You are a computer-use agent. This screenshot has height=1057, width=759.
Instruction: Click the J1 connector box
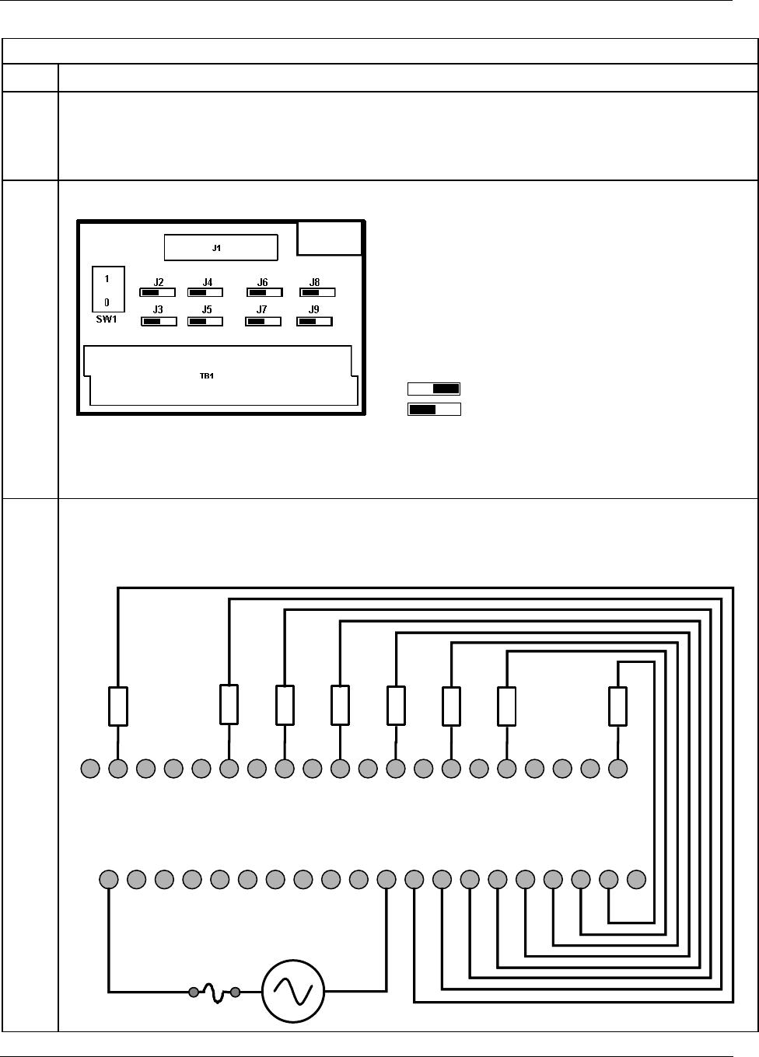click(x=221, y=247)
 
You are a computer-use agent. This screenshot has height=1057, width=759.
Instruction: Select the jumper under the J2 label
click(x=158, y=293)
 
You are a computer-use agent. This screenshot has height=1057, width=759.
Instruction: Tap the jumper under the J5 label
click(x=205, y=320)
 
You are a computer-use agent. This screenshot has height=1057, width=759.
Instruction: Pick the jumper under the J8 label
click(x=317, y=293)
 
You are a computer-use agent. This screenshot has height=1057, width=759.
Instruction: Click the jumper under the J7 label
click(x=263, y=320)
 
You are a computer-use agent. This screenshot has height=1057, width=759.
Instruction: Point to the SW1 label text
click(x=107, y=319)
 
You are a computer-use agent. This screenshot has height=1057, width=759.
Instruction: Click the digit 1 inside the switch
click(x=107, y=277)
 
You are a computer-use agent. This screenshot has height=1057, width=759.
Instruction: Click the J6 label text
click(x=263, y=282)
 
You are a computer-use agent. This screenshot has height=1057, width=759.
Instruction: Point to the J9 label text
click(x=314, y=309)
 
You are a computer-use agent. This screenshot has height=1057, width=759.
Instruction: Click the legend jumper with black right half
click(x=434, y=389)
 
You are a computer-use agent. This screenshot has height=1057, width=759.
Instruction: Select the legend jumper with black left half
click(x=434, y=409)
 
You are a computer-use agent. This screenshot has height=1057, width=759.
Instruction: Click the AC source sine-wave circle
click(x=292, y=991)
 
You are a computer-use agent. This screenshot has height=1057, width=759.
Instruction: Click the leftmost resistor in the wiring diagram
click(x=117, y=706)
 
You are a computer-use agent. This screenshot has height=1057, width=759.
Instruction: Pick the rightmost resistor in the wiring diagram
click(x=617, y=706)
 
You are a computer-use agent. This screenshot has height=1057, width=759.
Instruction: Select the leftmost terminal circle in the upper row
click(x=90, y=769)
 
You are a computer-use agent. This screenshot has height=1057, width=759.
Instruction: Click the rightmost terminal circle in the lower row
click(x=636, y=880)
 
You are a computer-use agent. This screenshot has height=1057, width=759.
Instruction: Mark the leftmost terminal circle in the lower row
click(x=109, y=880)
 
